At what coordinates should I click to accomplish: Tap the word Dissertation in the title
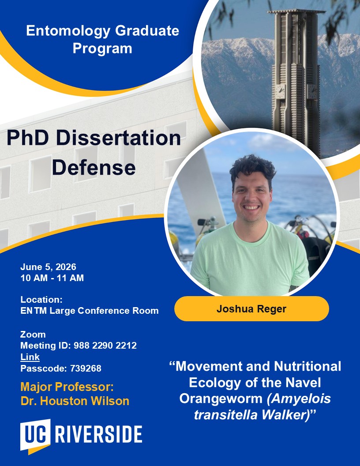(118, 138)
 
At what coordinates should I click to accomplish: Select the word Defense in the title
(94, 168)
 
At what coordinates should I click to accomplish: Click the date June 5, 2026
(48, 267)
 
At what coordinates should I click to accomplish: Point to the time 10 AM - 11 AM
(52, 278)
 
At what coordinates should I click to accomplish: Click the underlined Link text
(30, 357)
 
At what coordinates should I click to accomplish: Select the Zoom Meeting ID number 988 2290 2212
(105, 346)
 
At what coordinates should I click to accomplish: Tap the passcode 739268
(86, 368)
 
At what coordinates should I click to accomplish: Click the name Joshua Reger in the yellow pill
(251, 309)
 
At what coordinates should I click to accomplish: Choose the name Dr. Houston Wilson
(75, 401)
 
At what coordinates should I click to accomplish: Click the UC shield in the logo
(35, 436)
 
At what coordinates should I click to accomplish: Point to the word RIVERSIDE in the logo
(98, 434)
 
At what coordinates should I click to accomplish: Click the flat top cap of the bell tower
(296, 11)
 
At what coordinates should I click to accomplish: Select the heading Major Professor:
(67, 387)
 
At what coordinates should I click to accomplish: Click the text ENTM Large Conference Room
(90, 311)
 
